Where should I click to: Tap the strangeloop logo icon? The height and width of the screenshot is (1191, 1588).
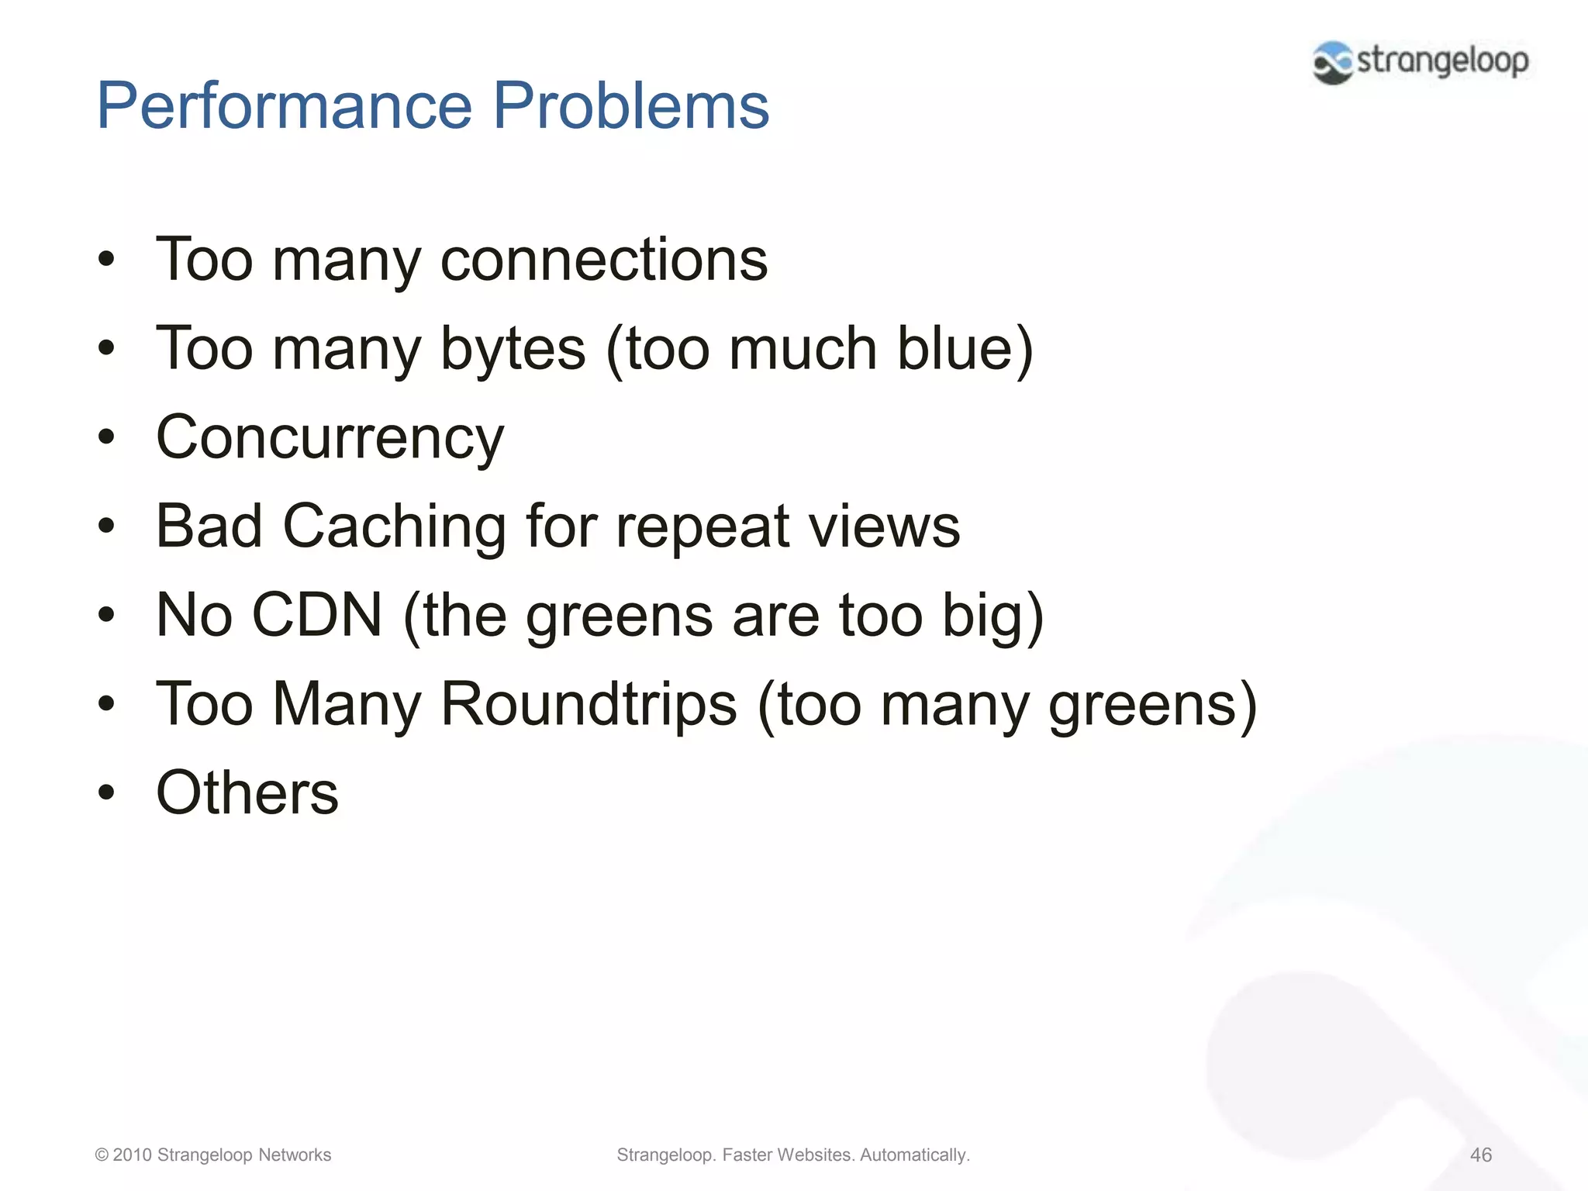pos(1332,62)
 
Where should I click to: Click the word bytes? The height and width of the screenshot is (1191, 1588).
pos(513,349)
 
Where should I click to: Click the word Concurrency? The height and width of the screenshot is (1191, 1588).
pos(330,438)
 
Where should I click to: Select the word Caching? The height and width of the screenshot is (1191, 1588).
pos(394,526)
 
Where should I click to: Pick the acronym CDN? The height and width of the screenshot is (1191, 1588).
pos(317,615)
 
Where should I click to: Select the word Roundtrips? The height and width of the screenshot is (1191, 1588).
pos(589,704)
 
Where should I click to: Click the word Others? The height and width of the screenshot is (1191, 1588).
pos(247,792)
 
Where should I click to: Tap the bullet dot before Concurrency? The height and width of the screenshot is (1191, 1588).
pos(106,437)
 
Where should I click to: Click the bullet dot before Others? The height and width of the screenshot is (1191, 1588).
pos(106,792)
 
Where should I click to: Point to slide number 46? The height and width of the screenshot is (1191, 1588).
pos(1480,1155)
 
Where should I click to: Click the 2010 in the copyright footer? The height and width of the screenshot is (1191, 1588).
pos(132,1155)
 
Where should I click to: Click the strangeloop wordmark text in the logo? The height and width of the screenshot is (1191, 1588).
pos(1442,60)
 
